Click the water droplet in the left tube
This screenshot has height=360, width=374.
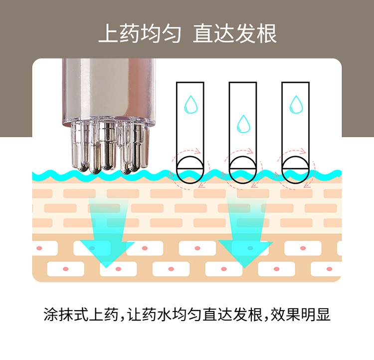tap(190, 104)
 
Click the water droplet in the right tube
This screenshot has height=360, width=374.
tap(296, 104)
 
